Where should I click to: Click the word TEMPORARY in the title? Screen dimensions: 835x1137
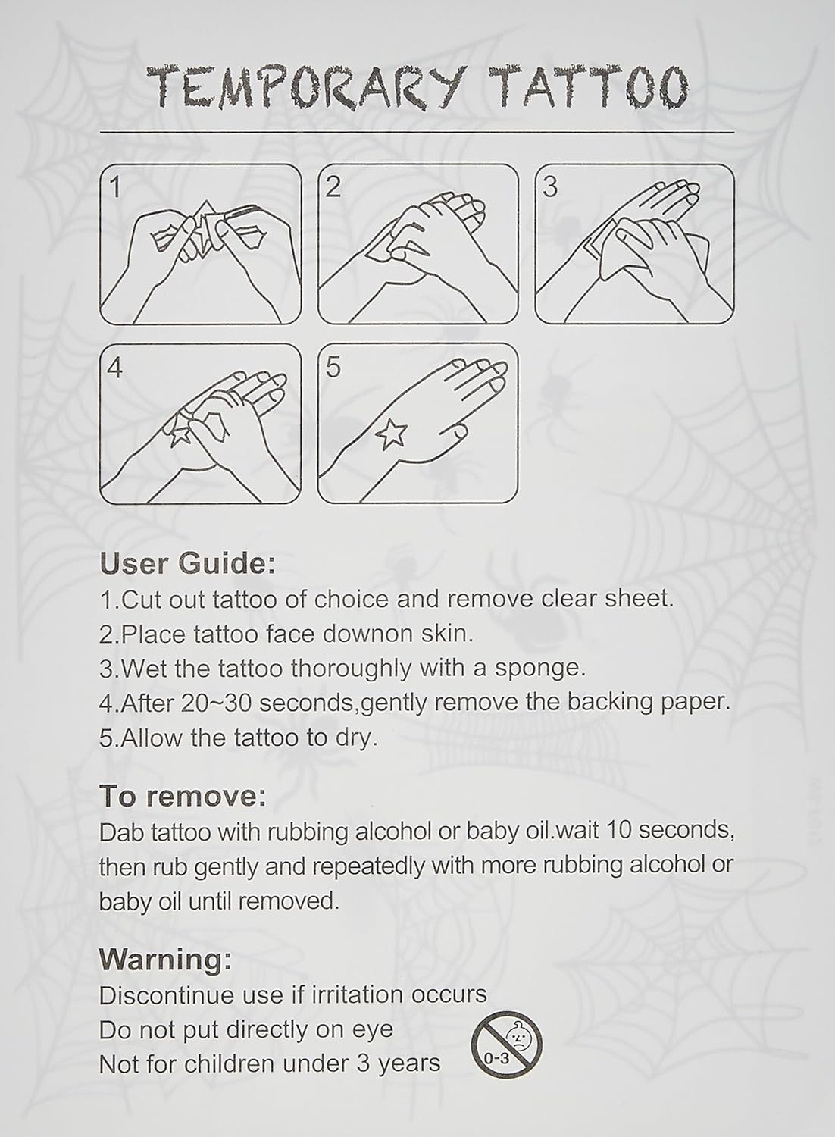point(307,87)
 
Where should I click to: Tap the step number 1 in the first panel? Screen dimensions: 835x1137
point(116,186)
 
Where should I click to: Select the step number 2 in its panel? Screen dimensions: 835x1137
point(333,186)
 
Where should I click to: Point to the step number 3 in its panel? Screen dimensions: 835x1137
point(550,186)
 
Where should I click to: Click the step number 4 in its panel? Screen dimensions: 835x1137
point(115,368)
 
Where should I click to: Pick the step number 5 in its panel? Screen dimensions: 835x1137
point(333,368)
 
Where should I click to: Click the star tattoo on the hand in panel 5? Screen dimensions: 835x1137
point(392,434)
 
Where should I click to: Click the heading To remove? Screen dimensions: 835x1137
point(183,796)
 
